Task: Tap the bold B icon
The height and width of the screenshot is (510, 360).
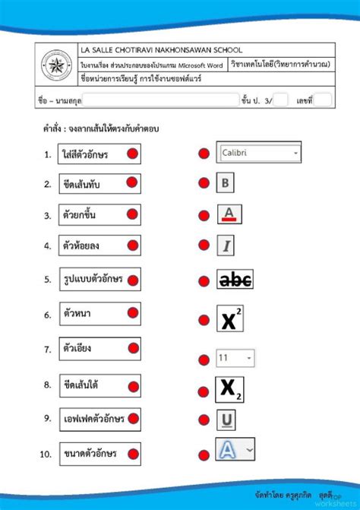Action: click(x=226, y=182)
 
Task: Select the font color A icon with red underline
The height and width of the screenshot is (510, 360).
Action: click(x=229, y=214)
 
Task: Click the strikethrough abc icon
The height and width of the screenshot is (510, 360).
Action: click(x=235, y=280)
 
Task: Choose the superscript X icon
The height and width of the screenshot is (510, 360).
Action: click(x=229, y=319)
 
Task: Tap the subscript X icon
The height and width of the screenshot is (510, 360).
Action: click(x=229, y=389)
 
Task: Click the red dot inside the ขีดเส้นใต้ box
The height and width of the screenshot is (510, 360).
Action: click(x=132, y=385)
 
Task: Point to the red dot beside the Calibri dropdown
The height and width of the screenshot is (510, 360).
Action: click(x=203, y=154)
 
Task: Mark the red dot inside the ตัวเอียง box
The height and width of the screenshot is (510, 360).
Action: click(x=132, y=350)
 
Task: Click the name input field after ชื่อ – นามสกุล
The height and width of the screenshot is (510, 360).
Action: click(x=160, y=100)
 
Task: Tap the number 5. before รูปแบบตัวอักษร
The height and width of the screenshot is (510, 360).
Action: click(x=47, y=279)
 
